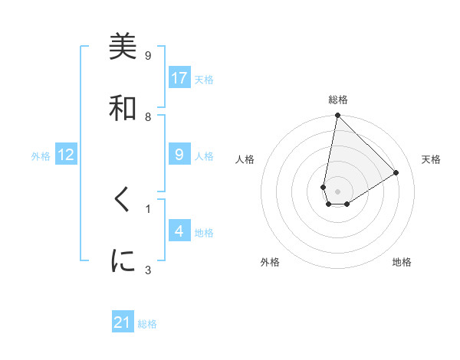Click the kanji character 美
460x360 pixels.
(x=123, y=47)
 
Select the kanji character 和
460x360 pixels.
(x=123, y=108)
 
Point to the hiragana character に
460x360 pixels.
(x=123, y=261)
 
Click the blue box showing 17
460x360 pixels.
(x=179, y=78)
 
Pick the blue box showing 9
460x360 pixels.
(x=179, y=155)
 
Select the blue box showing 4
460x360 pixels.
(x=179, y=231)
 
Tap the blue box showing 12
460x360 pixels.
(x=66, y=155)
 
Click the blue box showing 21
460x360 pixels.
(x=123, y=322)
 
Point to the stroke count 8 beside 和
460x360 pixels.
(x=148, y=116)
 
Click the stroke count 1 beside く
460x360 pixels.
(x=148, y=208)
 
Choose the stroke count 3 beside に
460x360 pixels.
(x=148, y=269)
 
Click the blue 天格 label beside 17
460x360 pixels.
(x=204, y=80)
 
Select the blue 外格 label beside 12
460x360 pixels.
(x=41, y=156)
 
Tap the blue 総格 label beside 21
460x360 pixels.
(x=147, y=324)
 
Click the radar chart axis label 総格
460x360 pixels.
(x=338, y=100)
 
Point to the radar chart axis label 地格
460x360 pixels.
(x=402, y=262)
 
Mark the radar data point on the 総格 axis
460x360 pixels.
(x=337, y=116)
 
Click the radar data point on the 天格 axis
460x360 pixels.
(x=396, y=172)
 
